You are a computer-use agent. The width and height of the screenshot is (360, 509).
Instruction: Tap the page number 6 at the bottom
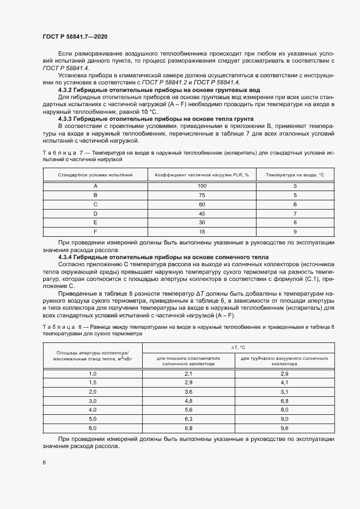point(44,462)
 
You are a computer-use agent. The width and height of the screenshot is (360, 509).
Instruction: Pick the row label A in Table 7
point(95,186)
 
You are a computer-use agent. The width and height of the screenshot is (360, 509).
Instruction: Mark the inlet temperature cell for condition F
point(295,232)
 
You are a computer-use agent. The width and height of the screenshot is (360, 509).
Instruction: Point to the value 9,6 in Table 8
point(284,428)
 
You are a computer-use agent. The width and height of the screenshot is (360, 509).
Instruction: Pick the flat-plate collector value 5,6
point(189,409)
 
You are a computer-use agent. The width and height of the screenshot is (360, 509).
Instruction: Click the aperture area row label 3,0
point(92,400)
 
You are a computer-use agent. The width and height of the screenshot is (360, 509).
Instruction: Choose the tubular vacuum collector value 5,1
point(284,391)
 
